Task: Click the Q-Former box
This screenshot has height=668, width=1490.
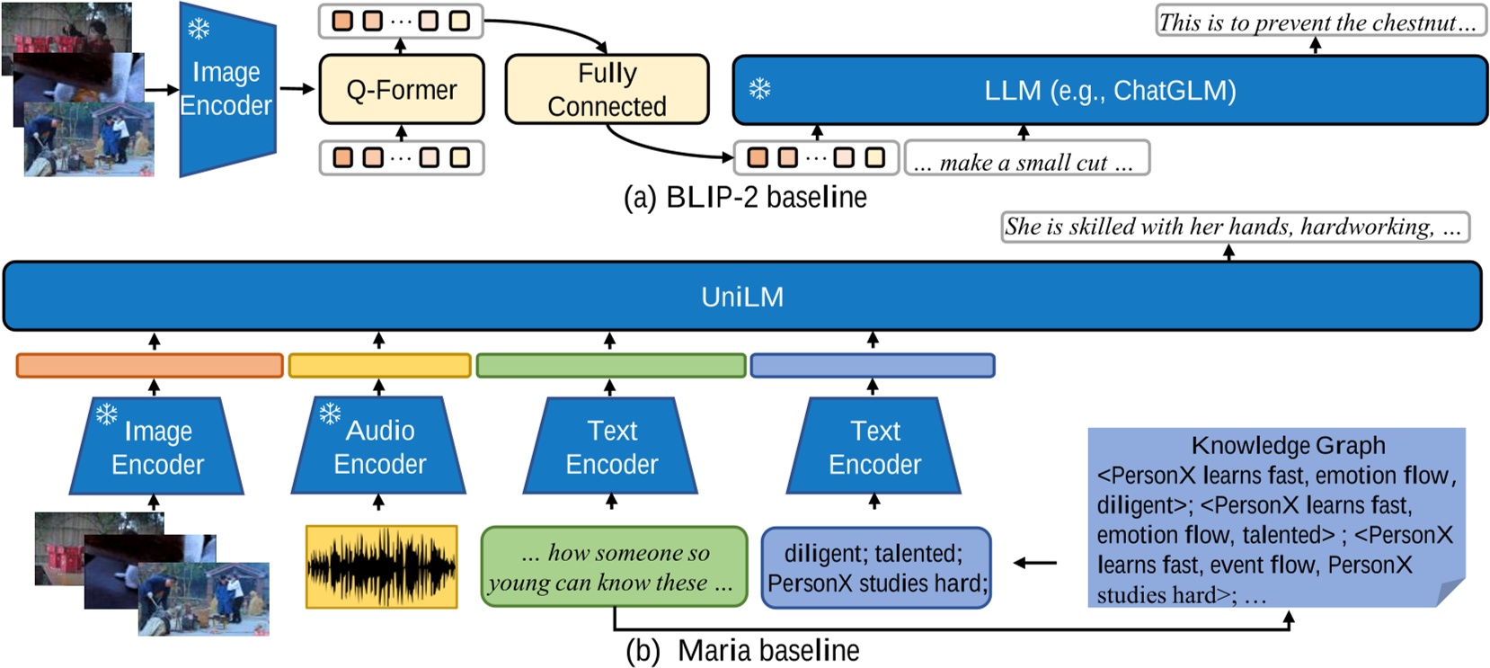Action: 401,90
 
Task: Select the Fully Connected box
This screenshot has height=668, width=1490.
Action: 607,89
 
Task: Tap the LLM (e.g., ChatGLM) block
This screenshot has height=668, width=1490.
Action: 1110,90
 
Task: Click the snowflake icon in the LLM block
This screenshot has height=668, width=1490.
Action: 760,89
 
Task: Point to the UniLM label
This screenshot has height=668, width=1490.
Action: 742,297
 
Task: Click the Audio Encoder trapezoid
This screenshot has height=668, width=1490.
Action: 378,448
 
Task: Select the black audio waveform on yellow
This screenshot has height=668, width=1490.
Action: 381,566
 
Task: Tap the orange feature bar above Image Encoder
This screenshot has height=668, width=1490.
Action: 149,365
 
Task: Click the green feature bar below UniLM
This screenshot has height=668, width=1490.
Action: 610,365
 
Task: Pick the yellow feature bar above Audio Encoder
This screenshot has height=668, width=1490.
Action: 379,365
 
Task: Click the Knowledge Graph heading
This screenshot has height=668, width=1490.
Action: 1288,445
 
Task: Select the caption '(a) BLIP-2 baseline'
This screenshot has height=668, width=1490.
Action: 745,197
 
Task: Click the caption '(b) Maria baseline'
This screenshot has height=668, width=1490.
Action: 742,650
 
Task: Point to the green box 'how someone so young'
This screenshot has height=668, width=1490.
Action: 614,566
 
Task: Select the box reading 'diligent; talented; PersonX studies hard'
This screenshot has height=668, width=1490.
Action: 875,567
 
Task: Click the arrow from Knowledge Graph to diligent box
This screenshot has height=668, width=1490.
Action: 1035,563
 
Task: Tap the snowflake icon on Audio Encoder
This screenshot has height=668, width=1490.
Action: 330,414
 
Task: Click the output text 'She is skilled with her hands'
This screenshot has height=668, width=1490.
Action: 1234,227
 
